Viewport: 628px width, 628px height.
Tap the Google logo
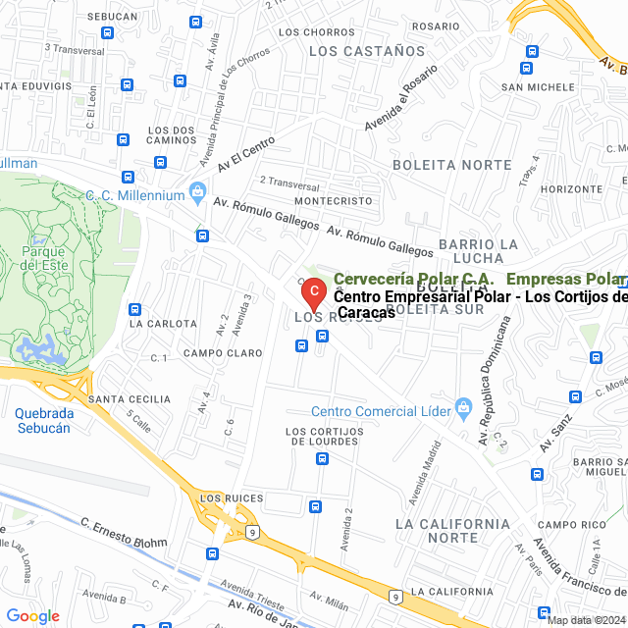click(x=32, y=616)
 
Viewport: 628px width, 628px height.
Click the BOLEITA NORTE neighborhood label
click(x=451, y=165)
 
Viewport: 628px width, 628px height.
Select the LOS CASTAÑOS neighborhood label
click(x=367, y=51)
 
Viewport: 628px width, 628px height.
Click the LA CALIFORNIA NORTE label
click(x=451, y=531)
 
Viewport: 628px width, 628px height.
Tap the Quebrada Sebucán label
click(x=43, y=421)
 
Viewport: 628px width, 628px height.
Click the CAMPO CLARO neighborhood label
click(x=223, y=352)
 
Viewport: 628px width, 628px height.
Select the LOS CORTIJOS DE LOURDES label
click(x=322, y=437)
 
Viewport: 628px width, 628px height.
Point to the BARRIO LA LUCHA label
click(x=478, y=250)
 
